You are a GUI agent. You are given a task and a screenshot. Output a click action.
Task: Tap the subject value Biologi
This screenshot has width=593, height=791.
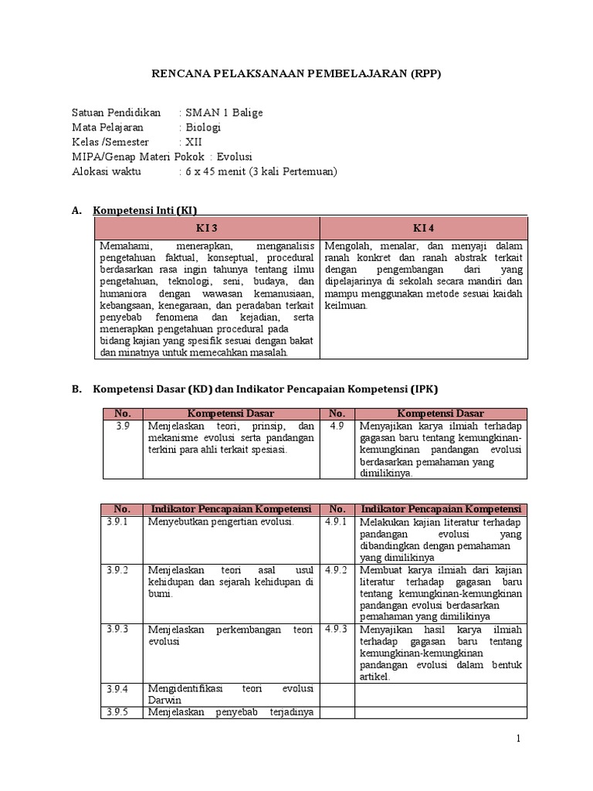coord(202,127)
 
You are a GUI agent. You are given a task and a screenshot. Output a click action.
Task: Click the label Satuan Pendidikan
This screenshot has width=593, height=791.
coord(116,113)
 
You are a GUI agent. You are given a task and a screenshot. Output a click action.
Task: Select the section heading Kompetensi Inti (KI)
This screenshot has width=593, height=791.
coord(150,210)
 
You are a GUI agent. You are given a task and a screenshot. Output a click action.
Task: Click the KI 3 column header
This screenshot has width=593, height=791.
coord(207,228)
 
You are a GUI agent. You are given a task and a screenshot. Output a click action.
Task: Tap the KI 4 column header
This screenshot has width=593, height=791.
coord(424,228)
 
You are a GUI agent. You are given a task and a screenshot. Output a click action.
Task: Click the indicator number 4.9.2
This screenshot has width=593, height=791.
coord(337,569)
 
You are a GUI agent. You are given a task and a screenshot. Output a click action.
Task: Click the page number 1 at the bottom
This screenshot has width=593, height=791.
coord(519,739)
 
